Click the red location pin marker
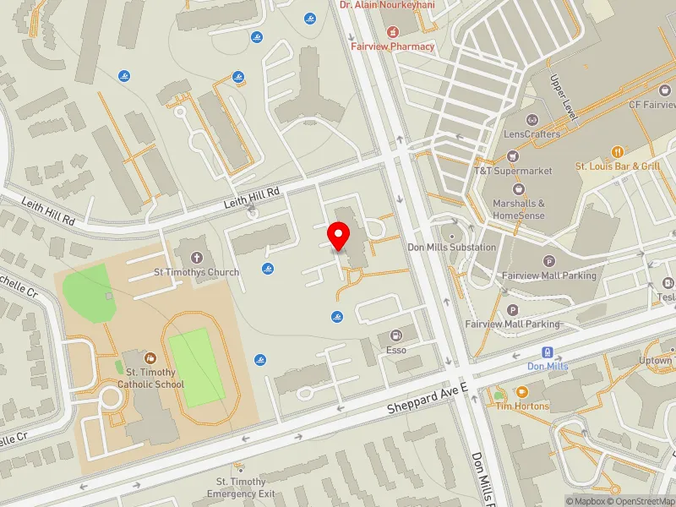click(340, 236)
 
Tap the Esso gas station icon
click(395, 335)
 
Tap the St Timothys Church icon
click(196, 258)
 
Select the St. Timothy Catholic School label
click(150, 378)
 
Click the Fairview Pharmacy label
click(392, 46)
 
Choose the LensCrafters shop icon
click(532, 120)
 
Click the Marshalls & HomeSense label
click(519, 209)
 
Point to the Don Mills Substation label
click(451, 247)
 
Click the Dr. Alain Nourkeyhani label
click(387, 4)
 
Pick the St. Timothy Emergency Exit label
click(241, 488)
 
